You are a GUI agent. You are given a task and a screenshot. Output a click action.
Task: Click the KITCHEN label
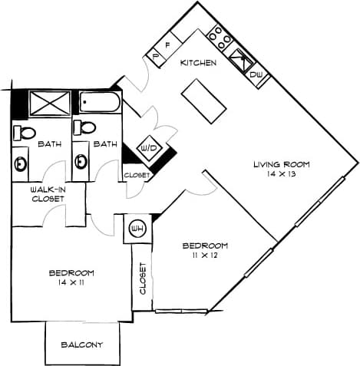click(197, 62)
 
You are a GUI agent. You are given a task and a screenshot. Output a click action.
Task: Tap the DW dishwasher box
click(256, 74)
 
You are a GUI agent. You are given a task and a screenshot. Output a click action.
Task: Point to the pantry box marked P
click(157, 56)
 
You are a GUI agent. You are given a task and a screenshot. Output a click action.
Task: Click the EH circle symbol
click(140, 228)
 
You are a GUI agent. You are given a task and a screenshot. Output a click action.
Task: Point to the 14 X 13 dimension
click(282, 175)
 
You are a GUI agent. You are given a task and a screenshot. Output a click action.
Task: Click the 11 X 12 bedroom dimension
click(205, 256)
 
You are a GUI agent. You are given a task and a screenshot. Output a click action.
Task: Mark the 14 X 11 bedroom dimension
click(71, 283)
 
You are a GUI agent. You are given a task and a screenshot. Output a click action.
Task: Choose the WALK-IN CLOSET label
click(48, 193)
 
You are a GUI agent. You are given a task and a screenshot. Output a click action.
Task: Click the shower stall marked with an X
click(50, 104)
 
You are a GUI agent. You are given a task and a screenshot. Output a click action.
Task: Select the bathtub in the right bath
click(100, 103)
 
